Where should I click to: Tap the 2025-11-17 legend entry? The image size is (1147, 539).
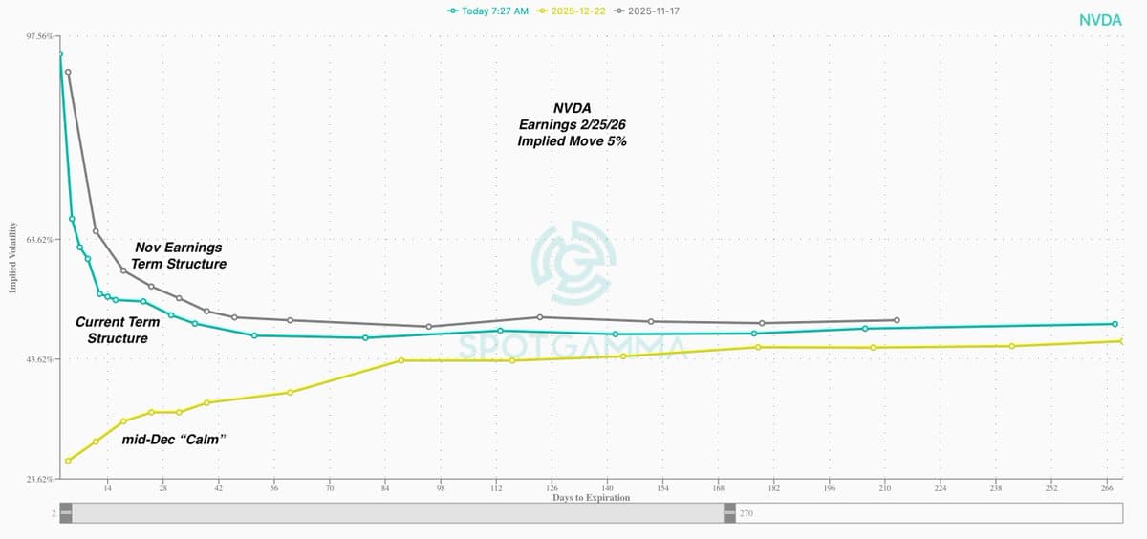(x=653, y=11)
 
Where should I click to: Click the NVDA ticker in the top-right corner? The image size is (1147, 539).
(x=1100, y=20)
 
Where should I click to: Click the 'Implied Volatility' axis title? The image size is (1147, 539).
(x=13, y=257)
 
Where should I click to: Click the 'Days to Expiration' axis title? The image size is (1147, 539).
(x=591, y=498)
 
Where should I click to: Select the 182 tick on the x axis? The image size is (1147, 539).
(x=774, y=488)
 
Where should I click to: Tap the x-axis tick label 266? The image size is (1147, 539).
(x=1107, y=488)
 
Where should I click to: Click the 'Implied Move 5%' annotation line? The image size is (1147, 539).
(x=573, y=140)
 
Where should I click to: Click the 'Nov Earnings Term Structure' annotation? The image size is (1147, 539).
(x=179, y=255)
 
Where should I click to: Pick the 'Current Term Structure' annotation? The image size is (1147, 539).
(x=118, y=330)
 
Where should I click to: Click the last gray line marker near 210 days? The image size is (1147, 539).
(x=896, y=320)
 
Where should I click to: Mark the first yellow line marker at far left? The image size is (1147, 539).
(x=68, y=461)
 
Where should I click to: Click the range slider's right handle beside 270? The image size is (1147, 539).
(x=730, y=513)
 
